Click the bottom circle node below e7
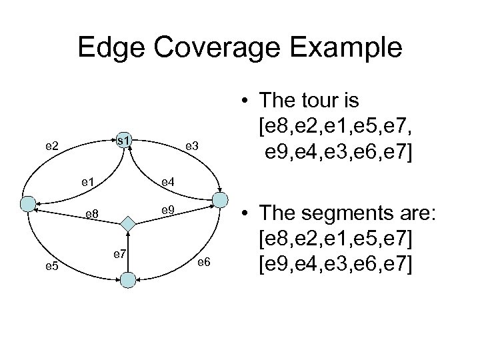pyautogui.click(x=129, y=280)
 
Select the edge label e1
pyautogui.click(x=87, y=181)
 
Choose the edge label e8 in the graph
pyautogui.click(x=91, y=215)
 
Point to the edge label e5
pyautogui.click(x=52, y=267)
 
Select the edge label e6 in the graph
pyautogui.click(x=203, y=262)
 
